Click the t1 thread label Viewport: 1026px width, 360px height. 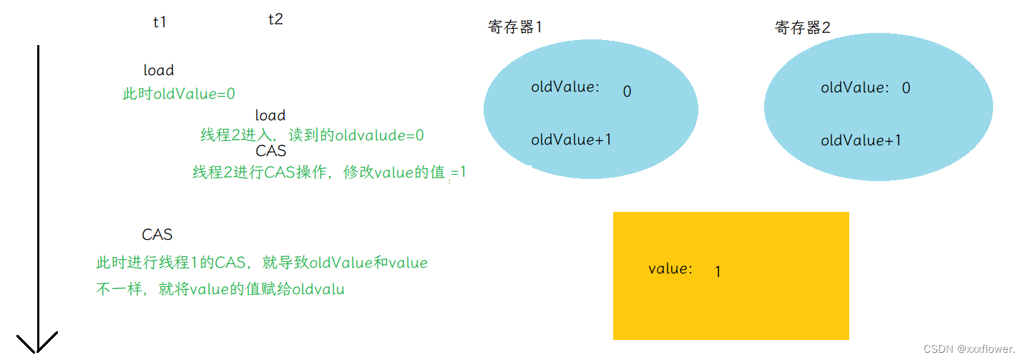160,22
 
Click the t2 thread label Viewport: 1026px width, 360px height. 275,19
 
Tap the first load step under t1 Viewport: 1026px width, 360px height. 159,70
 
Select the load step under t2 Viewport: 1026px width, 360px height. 270,115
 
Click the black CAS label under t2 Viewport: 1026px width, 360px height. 270,151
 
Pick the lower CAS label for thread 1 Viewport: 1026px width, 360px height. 157,235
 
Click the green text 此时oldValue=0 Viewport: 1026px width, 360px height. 179,94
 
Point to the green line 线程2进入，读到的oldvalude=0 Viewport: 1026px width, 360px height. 312,135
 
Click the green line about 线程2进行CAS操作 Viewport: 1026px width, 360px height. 329,172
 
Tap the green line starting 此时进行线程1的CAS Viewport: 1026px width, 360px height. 262,263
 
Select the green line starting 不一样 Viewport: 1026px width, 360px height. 220,290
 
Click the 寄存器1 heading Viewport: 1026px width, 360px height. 515,27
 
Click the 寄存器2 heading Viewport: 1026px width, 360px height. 803,28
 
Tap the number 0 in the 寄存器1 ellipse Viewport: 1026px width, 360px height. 627,92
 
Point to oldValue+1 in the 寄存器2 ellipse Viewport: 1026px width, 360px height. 861,140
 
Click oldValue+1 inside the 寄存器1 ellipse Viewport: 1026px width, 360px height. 571,140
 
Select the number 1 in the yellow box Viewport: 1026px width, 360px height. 718,272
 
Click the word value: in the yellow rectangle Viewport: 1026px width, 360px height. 670,269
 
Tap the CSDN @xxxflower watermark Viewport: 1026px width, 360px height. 969,349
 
